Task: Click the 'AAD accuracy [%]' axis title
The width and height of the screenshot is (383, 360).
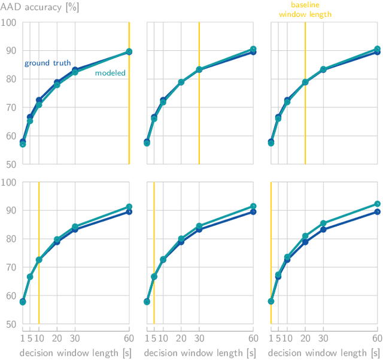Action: pyautogui.click(x=39, y=8)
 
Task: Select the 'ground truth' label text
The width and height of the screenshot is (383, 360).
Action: pyautogui.click(x=47, y=63)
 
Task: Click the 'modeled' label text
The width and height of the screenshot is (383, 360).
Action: pyautogui.click(x=110, y=73)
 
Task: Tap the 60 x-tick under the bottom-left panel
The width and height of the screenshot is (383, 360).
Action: pyautogui.click(x=129, y=338)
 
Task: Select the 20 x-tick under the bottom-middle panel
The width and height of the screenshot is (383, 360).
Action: pyautogui.click(x=181, y=338)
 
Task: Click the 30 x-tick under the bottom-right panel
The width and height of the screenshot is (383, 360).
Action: pyautogui.click(x=323, y=338)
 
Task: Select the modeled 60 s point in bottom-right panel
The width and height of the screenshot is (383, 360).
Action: pyautogui.click(x=377, y=204)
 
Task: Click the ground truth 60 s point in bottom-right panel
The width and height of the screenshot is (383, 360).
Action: pyautogui.click(x=377, y=212)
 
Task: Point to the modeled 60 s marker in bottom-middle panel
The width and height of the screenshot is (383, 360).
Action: pyautogui.click(x=253, y=206)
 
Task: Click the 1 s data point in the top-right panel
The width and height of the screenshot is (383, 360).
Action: pyautogui.click(x=271, y=143)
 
